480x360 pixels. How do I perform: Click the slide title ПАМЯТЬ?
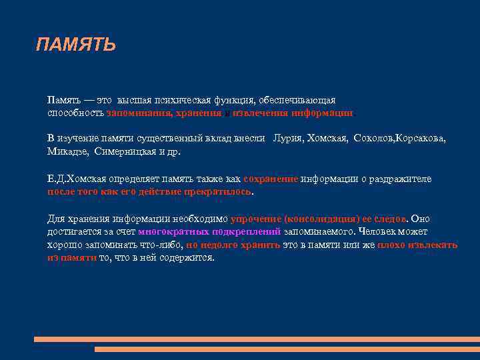[x=76, y=45]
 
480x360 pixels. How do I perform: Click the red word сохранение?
[x=271, y=179]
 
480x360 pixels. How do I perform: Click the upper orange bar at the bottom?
[x=257, y=339]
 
